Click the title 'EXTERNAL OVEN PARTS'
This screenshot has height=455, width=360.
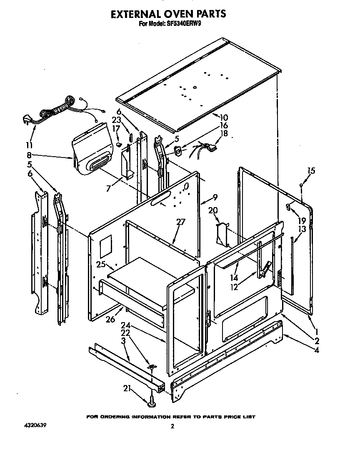168,14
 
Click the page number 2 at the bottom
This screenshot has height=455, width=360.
172,426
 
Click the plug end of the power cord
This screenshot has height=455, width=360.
26,120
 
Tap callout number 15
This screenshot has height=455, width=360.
311,170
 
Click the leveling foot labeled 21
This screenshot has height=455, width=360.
150,402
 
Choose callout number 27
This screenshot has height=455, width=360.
180,222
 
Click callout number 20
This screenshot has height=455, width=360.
213,211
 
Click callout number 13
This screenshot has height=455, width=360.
302,229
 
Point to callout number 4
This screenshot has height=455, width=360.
317,350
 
